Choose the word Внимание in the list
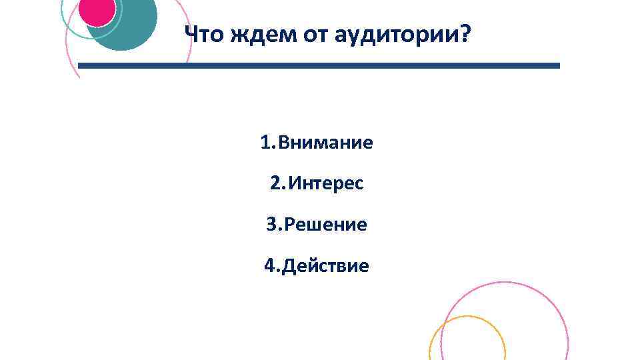326,143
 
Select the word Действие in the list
326,266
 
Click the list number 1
265,143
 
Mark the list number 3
271,225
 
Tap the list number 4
270,266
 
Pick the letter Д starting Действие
289,267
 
